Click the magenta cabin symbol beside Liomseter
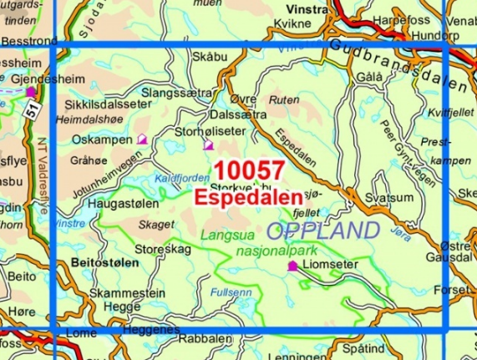292,266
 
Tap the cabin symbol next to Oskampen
142,140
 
